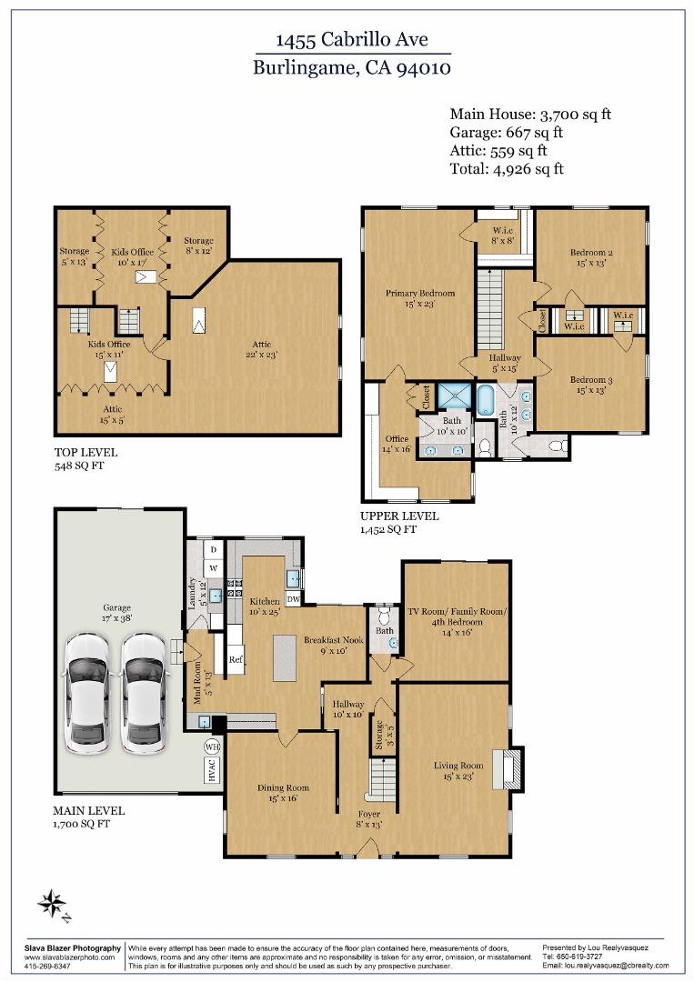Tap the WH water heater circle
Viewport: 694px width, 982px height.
(x=212, y=747)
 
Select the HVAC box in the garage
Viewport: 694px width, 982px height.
(x=211, y=770)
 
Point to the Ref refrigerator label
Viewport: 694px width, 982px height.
(x=236, y=659)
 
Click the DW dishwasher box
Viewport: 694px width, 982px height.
(x=293, y=599)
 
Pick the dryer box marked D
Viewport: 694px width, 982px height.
(x=214, y=550)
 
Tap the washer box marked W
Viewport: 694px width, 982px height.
(x=214, y=568)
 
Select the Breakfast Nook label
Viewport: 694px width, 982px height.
(x=334, y=639)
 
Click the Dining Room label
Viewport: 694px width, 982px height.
(x=283, y=787)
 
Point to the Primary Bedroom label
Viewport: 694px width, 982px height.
(x=419, y=293)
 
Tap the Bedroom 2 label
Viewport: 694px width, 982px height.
(x=591, y=253)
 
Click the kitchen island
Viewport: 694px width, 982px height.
(x=285, y=657)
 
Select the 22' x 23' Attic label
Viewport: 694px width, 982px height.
(x=262, y=349)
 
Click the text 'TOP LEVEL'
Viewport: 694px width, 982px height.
(x=85, y=452)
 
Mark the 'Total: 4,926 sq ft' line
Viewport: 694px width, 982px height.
(x=507, y=168)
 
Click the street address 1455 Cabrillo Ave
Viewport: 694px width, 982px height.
(x=352, y=39)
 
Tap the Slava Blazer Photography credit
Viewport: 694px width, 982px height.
(x=73, y=948)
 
